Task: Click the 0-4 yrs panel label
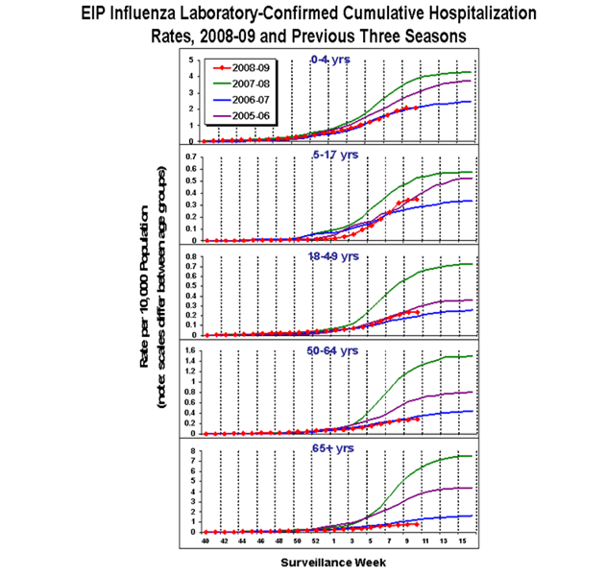(x=331, y=60)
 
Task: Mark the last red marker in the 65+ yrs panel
(x=416, y=524)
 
